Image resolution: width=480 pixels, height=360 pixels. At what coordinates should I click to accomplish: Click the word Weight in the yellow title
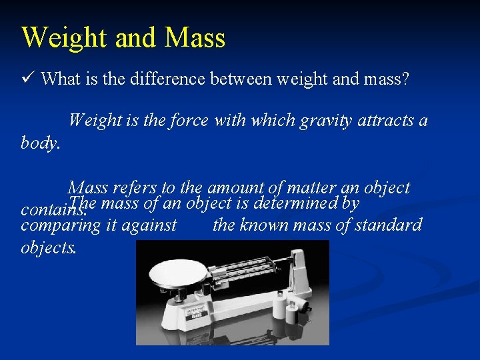point(65,38)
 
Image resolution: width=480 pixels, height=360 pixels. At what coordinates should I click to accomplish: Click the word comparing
point(57,225)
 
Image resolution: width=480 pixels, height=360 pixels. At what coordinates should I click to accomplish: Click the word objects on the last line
point(49,247)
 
